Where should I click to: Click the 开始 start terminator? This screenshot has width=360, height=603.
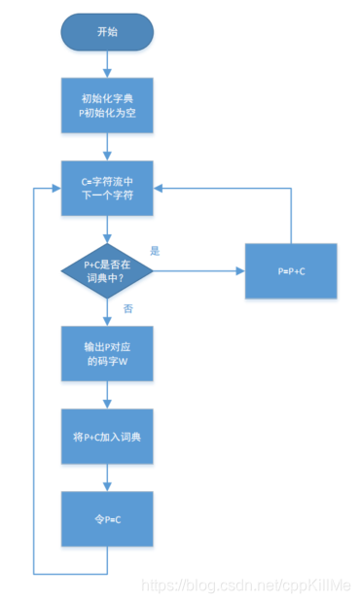pos(107,31)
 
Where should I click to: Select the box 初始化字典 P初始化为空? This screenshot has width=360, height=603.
pos(107,106)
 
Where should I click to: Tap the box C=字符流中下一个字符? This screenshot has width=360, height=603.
pos(107,187)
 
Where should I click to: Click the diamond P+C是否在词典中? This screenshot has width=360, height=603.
pos(107,267)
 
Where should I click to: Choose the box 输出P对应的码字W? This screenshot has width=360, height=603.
pos(107,353)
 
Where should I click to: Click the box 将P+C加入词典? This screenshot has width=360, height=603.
pos(107,438)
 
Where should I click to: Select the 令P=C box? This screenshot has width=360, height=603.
pos(107,519)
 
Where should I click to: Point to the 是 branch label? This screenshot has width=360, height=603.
pos(155,250)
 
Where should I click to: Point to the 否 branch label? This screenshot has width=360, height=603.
pos(128,307)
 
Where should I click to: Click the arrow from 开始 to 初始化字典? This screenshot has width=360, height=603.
pos(107,63)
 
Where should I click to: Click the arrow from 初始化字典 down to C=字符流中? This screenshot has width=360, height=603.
pos(107,146)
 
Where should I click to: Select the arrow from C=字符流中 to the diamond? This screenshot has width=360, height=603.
pos(107,227)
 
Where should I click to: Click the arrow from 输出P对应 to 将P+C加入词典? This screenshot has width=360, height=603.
pos(107,396)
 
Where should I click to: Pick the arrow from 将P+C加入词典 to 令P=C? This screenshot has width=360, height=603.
pos(107,478)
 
